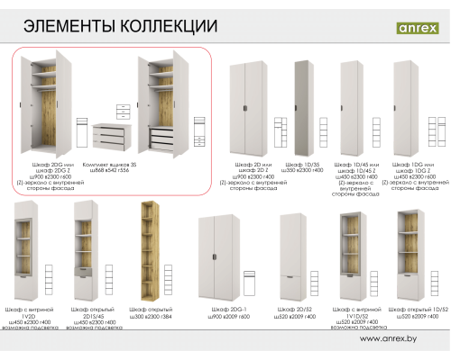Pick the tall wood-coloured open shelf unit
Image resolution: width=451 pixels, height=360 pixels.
point(149,252)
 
